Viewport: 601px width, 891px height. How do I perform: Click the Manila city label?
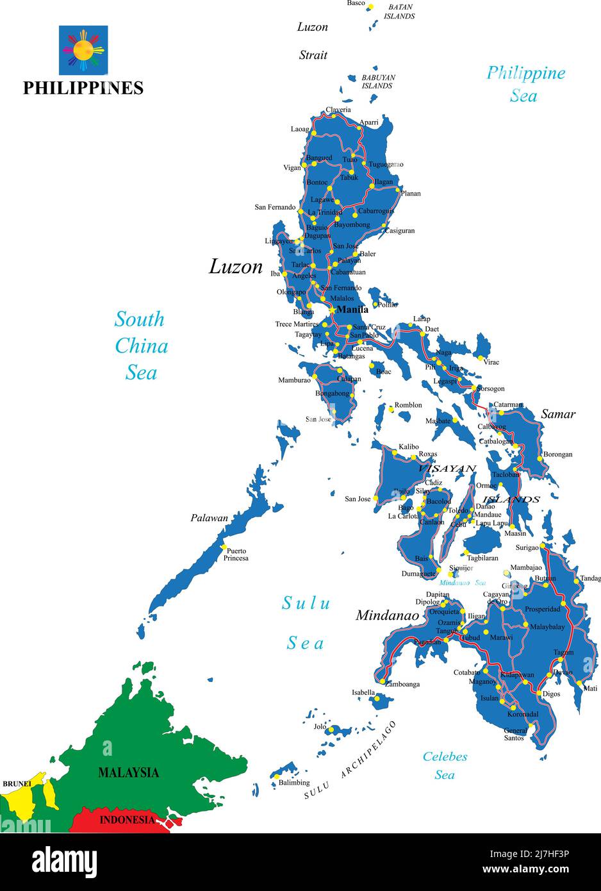(x=352, y=310)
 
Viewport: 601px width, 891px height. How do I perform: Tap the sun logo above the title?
(x=83, y=50)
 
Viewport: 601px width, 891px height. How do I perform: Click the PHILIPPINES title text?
(x=83, y=88)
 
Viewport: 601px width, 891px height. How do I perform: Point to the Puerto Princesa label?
(x=236, y=554)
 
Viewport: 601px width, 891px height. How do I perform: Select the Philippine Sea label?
(x=525, y=84)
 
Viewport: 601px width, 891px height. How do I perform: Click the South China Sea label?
(x=141, y=346)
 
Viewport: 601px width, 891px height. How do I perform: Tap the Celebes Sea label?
(x=445, y=765)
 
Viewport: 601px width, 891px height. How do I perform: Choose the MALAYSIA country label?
(x=128, y=772)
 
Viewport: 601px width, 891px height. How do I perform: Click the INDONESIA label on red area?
(x=127, y=820)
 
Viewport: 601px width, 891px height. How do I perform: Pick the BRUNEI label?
(x=17, y=783)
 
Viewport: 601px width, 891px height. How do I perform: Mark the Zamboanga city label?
(x=402, y=684)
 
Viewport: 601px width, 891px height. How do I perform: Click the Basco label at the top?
(x=356, y=3)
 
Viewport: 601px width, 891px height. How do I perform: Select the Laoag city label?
(x=300, y=129)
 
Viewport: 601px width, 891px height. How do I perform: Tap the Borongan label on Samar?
(x=557, y=454)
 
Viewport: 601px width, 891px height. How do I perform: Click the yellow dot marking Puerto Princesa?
(x=224, y=547)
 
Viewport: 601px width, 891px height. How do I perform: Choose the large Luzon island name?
(x=236, y=267)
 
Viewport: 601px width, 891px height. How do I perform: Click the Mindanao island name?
(x=387, y=615)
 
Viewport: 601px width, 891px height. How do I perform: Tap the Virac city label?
(x=491, y=362)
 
